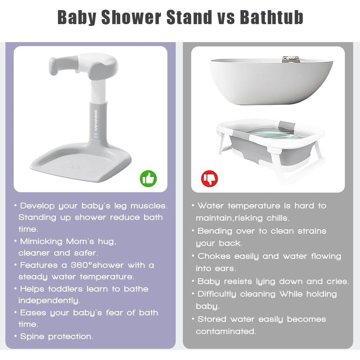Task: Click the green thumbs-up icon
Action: tap(148, 178)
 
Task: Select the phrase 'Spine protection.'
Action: tap(57, 337)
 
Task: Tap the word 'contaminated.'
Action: tap(226, 332)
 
